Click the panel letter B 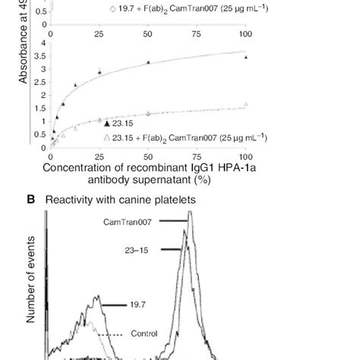[32, 200]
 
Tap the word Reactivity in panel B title [71, 200]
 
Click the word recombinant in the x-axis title [148, 166]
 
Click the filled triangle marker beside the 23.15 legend [107, 122]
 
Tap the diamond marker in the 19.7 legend [112, 10]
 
